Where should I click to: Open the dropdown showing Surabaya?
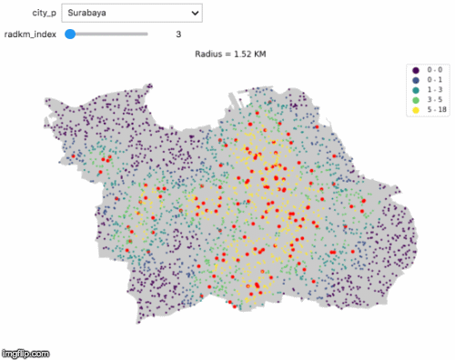coord(131,14)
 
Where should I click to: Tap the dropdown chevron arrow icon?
coord(194,14)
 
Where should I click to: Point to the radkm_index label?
coord(30,35)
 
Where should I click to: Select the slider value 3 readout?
coord(178,35)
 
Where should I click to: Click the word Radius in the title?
coord(208,55)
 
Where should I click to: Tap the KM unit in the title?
coord(258,55)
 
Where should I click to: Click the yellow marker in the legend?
coord(416,110)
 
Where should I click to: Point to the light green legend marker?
coord(416,100)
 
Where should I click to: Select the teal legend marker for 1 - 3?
coord(416,90)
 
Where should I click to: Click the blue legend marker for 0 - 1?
coord(416,80)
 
